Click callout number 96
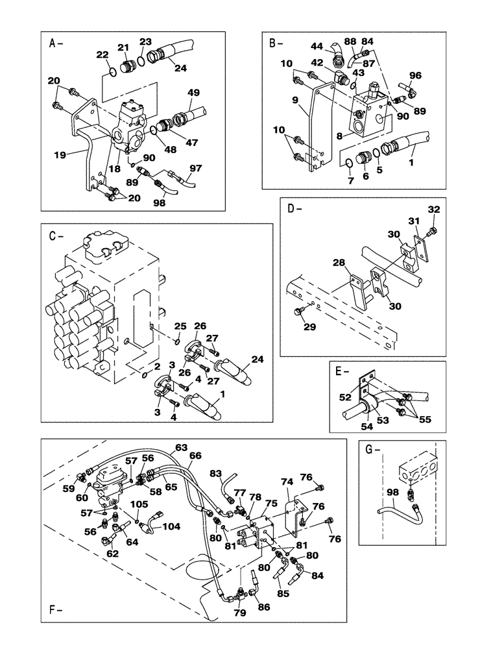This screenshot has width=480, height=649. click(x=415, y=75)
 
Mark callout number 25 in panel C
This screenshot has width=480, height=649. click(x=180, y=325)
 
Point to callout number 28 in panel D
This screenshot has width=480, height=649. click(x=339, y=262)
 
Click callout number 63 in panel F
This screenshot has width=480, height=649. click(x=180, y=447)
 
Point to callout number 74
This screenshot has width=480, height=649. click(x=287, y=482)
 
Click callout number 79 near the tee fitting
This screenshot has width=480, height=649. click(x=239, y=611)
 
